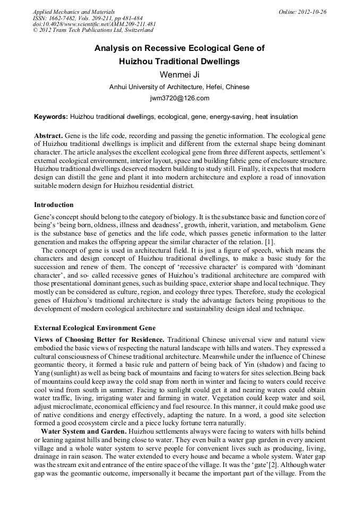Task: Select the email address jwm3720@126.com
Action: [x=179, y=98]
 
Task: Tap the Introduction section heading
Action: [x=54, y=205]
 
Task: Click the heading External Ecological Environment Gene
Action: [x=95, y=327]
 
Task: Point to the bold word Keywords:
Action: [x=51, y=117]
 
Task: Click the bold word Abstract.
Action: [x=49, y=136]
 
